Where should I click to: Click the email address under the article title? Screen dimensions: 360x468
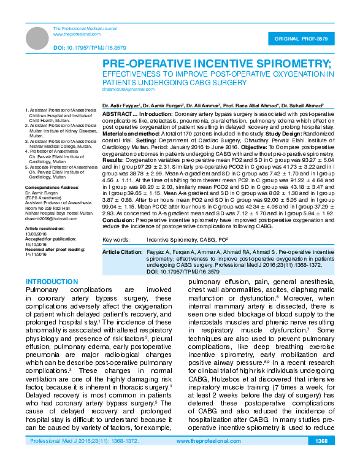[124, 90]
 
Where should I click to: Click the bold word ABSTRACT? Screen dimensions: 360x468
[117, 114]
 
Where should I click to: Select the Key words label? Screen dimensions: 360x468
[115, 239]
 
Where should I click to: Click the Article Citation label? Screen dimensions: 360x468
[121, 252]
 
